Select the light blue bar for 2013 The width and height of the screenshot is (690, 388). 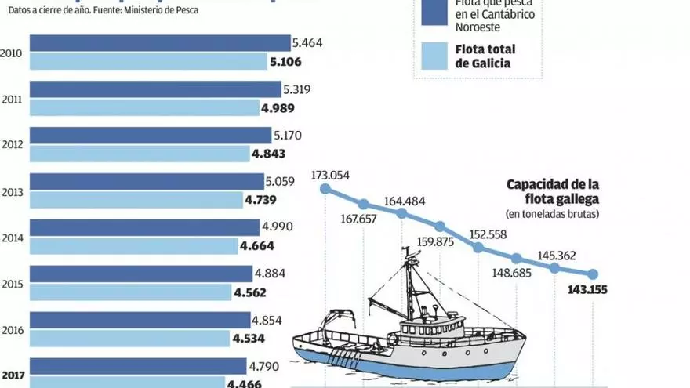(136, 200)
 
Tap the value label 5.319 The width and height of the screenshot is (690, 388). (300, 89)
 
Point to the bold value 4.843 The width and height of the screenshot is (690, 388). (268, 154)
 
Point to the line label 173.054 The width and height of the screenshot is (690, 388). (329, 175)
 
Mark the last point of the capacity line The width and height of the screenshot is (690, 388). (593, 274)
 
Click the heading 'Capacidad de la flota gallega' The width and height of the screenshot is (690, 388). (553, 191)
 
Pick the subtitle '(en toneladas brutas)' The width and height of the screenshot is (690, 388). (553, 213)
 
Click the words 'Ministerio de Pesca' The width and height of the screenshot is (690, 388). (163, 12)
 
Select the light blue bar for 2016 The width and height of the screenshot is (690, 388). (130, 338)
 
